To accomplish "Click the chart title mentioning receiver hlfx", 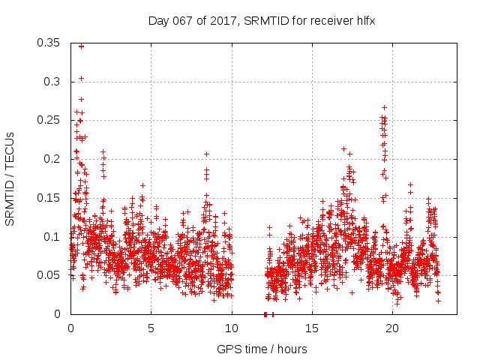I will [261, 22].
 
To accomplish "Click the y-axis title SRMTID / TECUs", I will [10, 179].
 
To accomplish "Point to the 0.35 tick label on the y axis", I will [50, 43].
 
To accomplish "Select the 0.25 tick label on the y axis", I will [50, 120].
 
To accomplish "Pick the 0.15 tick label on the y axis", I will [50, 198].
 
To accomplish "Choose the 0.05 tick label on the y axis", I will [50, 275].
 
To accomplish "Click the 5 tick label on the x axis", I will [151, 329].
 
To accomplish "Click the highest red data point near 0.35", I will [81, 46].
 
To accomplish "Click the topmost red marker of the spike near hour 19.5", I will [384, 107].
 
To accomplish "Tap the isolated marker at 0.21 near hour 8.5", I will [206, 154].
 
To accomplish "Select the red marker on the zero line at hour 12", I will [265, 314].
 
